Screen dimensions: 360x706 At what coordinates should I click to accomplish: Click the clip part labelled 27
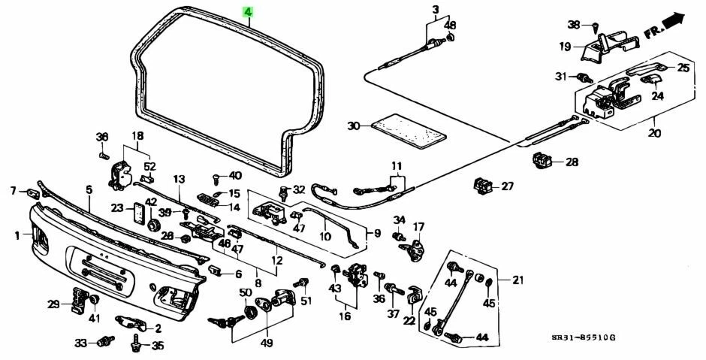(482, 184)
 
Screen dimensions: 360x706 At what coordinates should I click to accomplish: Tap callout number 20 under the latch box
(654, 133)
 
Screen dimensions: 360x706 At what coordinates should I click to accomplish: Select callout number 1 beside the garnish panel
(17, 236)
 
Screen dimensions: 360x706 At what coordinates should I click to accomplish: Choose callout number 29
(53, 304)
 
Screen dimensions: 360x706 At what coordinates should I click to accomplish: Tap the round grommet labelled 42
(153, 225)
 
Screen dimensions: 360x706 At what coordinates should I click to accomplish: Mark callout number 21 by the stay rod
(518, 280)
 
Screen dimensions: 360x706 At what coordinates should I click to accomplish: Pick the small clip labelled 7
(33, 193)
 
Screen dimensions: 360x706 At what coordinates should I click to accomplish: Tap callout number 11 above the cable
(396, 166)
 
